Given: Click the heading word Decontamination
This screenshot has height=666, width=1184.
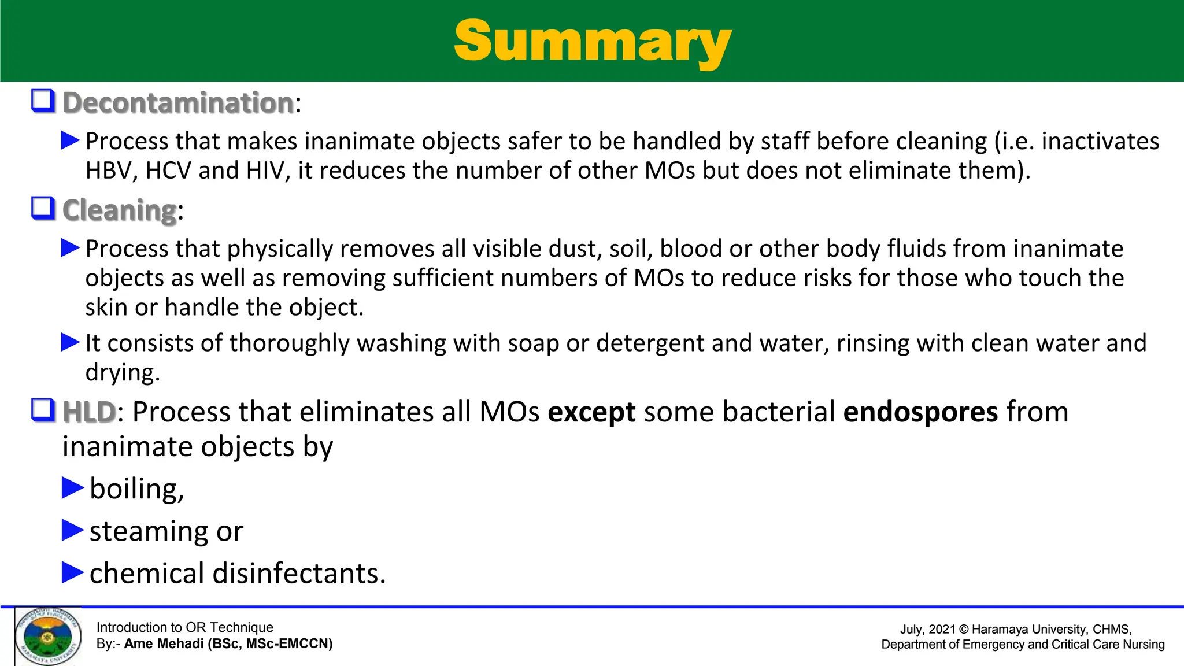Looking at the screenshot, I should pyautogui.click(x=178, y=103).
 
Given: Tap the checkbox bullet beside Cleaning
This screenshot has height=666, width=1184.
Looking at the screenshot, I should pyautogui.click(x=43, y=209).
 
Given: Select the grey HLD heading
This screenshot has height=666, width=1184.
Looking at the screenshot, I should pyautogui.click(x=90, y=412).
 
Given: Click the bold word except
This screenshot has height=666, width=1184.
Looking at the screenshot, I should pyautogui.click(x=591, y=413).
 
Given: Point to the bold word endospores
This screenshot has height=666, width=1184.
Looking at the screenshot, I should pyautogui.click(x=920, y=412).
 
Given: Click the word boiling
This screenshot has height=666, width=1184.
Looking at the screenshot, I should pyautogui.click(x=136, y=489).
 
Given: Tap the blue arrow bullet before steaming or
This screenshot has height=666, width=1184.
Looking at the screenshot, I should pyautogui.click(x=73, y=530).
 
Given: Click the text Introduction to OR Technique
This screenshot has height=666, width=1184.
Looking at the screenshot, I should pyautogui.click(x=184, y=627).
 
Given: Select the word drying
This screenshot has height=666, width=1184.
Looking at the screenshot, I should pyautogui.click(x=122, y=373).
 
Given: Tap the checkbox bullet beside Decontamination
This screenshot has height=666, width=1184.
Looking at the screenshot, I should pyautogui.click(x=43, y=101).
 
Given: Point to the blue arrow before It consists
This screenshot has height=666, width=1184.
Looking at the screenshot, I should pyautogui.click(x=71, y=342).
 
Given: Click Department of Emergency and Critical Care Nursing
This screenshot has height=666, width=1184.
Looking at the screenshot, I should pyautogui.click(x=1023, y=645).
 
